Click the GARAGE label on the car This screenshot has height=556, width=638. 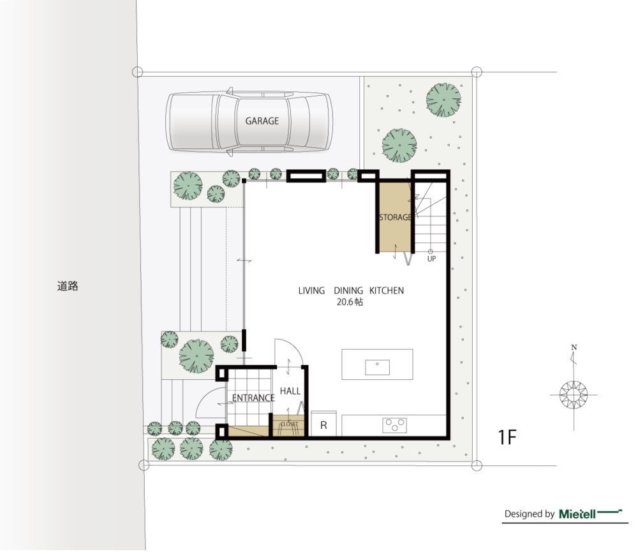(262, 121)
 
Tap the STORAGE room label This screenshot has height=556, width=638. (396, 217)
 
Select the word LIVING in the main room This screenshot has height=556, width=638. (311, 290)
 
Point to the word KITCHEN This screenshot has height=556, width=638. (387, 290)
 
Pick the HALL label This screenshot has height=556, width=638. (290, 391)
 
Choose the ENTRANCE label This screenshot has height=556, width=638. (253, 398)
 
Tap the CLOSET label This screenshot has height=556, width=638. (289, 424)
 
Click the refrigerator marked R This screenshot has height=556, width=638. (324, 424)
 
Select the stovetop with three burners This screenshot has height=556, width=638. (394, 425)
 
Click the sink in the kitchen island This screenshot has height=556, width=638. (377, 367)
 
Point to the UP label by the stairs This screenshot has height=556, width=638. (432, 259)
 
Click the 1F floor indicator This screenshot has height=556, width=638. (507, 437)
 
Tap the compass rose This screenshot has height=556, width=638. (574, 394)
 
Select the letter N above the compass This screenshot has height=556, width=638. (574, 348)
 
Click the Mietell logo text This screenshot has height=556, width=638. (577, 514)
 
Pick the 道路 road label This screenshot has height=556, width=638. (68, 286)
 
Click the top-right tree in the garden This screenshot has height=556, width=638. (443, 100)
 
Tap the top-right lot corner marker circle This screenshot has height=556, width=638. (477, 72)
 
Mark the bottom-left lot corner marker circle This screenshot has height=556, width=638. (144, 465)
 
